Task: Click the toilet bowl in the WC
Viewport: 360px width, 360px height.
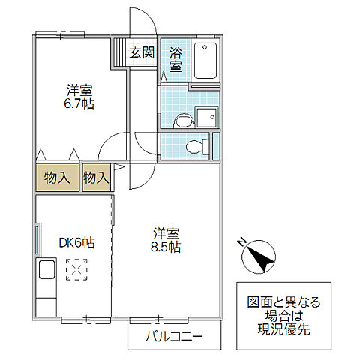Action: click(x=196, y=145)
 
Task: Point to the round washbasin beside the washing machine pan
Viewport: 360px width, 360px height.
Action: click(x=181, y=120)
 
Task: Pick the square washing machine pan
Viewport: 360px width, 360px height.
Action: click(x=206, y=117)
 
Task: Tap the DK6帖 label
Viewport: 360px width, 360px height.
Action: click(x=76, y=241)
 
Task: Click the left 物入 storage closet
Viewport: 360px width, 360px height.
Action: click(x=57, y=178)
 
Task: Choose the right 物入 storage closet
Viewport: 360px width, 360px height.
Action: click(x=96, y=178)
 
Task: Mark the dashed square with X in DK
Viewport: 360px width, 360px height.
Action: click(x=76, y=268)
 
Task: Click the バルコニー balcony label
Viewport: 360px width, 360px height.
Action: click(x=173, y=337)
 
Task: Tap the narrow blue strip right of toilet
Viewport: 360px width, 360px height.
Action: click(x=216, y=145)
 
